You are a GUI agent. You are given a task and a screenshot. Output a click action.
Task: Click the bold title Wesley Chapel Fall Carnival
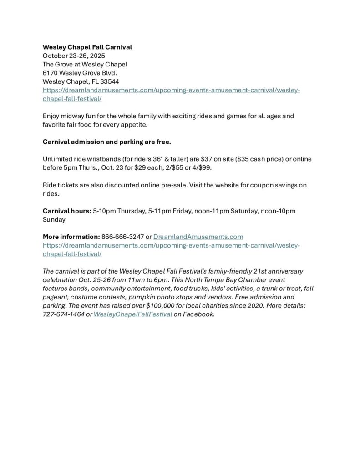[87, 47]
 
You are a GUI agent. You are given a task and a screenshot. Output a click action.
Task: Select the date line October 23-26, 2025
[74, 56]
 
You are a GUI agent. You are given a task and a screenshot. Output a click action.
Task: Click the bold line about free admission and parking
[107, 142]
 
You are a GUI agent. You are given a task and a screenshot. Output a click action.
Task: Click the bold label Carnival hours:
[66, 211]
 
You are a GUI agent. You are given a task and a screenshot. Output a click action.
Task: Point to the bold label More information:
[71, 237]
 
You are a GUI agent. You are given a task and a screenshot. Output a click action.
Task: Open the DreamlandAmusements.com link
[198, 237]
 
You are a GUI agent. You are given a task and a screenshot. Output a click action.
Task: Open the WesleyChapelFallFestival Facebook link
[132, 314]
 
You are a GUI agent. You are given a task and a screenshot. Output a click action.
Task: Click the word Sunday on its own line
[54, 219]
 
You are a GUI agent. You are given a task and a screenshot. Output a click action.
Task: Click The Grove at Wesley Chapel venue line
[85, 64]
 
